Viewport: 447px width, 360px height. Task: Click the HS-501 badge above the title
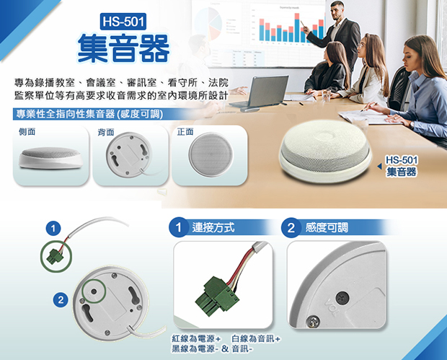[x=123, y=22]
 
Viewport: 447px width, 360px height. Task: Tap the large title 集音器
[x=124, y=48]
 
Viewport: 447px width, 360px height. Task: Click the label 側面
[x=27, y=131]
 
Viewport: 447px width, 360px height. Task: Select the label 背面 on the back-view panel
[x=106, y=132]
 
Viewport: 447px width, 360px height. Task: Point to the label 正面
[x=185, y=131]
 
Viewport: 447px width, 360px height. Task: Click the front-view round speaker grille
[x=211, y=154]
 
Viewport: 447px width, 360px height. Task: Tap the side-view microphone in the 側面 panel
[x=50, y=158]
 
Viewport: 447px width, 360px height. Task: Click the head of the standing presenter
[x=338, y=10]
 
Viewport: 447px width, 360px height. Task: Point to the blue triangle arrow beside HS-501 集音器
[x=379, y=167]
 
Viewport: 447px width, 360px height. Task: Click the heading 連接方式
[x=213, y=228]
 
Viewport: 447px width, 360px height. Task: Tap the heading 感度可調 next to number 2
[x=327, y=228]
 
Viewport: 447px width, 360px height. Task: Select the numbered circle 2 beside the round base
[x=61, y=300]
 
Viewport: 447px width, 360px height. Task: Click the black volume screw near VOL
[x=342, y=298]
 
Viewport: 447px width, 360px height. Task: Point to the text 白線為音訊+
[x=256, y=339]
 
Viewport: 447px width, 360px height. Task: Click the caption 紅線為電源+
[x=196, y=339]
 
